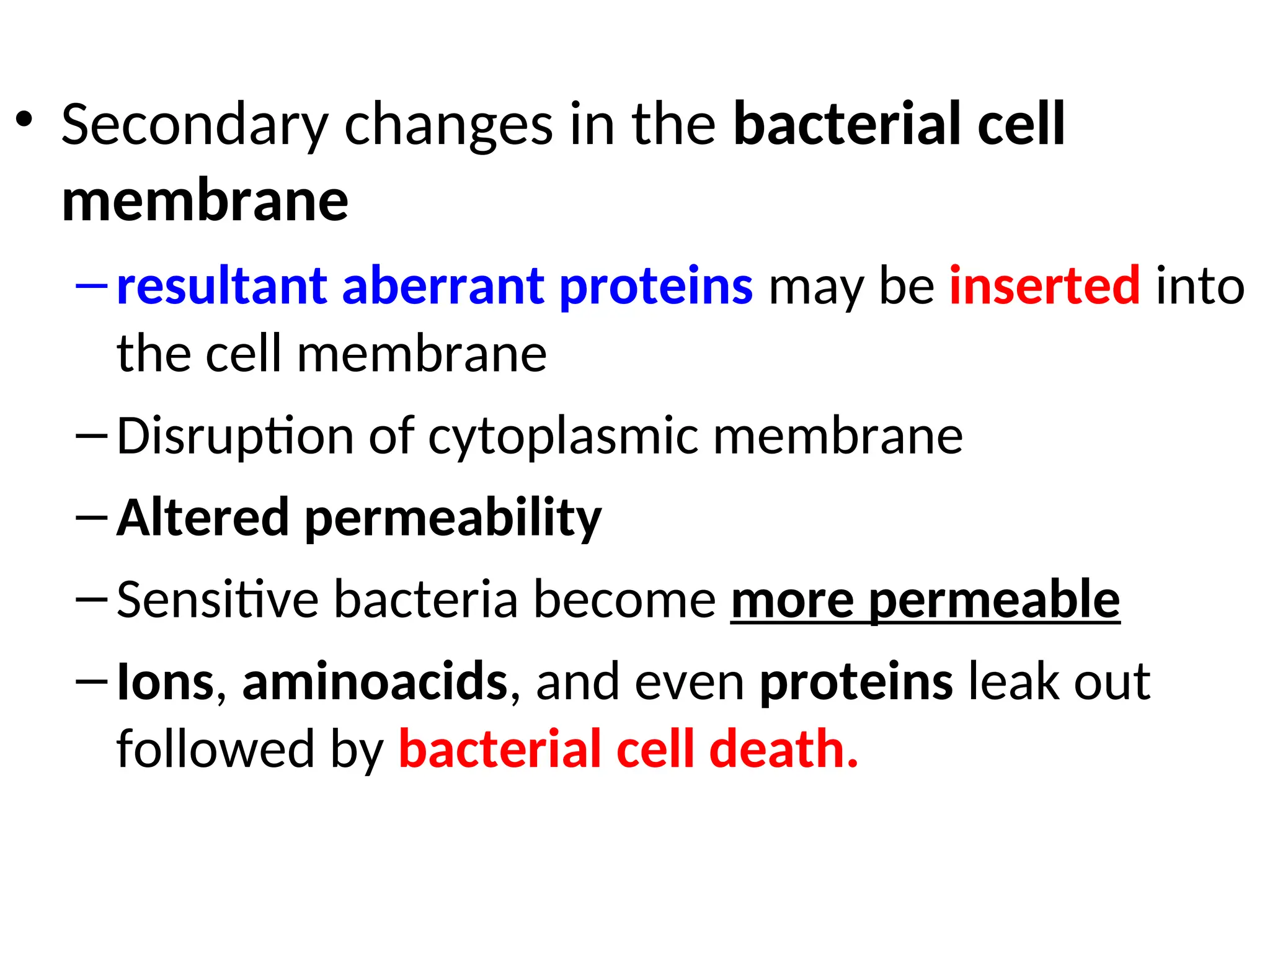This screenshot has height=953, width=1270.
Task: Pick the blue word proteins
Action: pyautogui.click(x=656, y=287)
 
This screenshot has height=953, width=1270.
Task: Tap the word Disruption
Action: pyautogui.click(x=234, y=437)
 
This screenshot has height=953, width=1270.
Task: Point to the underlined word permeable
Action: pyautogui.click(x=994, y=601)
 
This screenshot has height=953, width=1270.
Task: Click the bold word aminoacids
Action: pyautogui.click(x=375, y=681)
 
